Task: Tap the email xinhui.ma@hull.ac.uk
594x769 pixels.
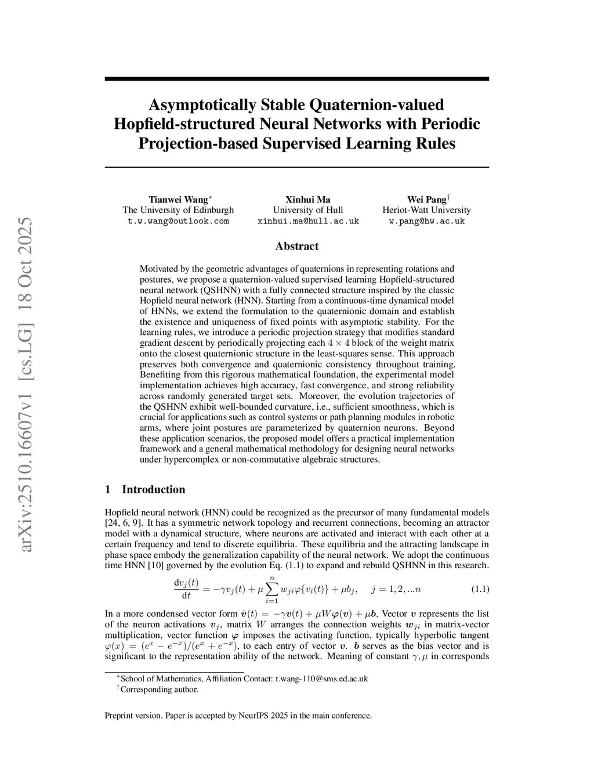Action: (308, 221)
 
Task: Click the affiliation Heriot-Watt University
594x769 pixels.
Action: (426, 210)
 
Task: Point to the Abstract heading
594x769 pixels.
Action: (296, 246)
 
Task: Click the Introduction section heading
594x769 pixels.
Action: (153, 489)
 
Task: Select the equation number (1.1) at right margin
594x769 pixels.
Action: (479, 589)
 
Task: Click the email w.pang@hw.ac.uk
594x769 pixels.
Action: (426, 221)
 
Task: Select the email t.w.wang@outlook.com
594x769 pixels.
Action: (178, 221)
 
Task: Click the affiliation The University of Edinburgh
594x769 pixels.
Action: (178, 210)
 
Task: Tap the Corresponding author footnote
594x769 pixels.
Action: (159, 689)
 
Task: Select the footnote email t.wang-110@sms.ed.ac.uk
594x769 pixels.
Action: (321, 678)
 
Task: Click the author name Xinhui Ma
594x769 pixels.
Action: (308, 199)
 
